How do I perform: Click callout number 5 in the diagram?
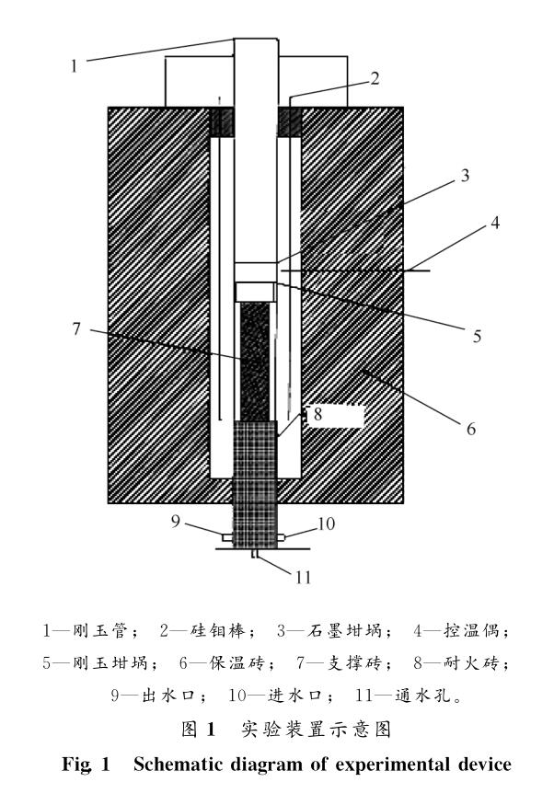coord(477,337)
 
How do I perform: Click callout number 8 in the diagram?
coord(317,415)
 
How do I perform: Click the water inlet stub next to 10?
coord(288,536)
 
